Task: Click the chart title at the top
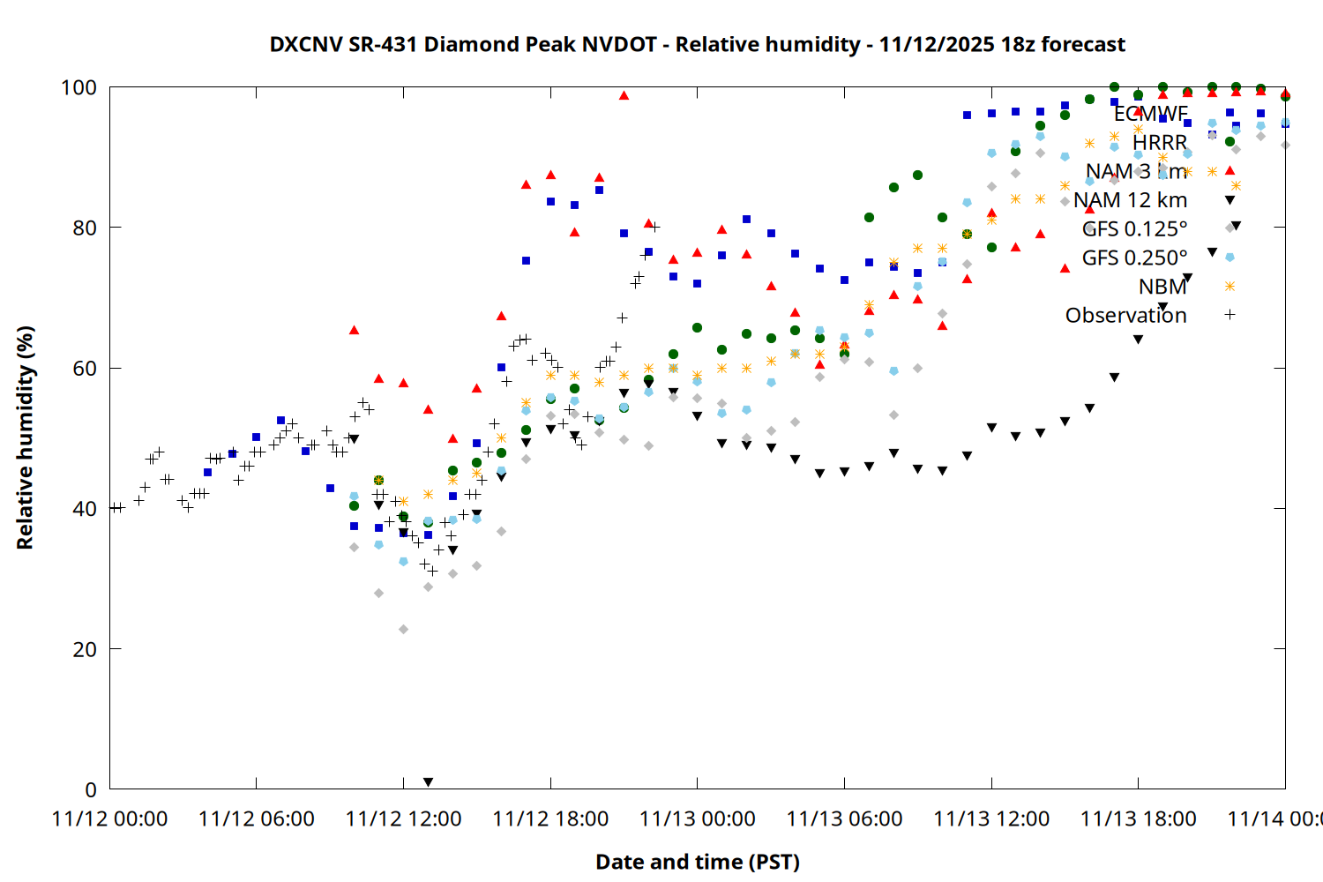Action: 697,44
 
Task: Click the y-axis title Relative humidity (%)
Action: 25,437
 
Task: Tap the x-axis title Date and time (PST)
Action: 697,862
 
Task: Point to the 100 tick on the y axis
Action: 78,87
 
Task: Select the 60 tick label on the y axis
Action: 85,368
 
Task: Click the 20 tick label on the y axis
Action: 85,649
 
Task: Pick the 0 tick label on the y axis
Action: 91,789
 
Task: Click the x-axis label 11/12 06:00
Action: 257,818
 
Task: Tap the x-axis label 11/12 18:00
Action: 550,818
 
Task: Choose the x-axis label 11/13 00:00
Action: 698,818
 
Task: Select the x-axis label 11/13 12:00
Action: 991,818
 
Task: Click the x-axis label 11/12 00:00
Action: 110,818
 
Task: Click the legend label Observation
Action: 1125,315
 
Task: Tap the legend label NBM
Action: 1162,287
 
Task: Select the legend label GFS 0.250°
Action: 1134,258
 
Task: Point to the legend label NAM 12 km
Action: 1130,200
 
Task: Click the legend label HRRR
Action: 1159,143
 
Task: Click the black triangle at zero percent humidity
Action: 428,782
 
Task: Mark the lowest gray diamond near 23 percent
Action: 403,629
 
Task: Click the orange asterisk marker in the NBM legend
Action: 1230,286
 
